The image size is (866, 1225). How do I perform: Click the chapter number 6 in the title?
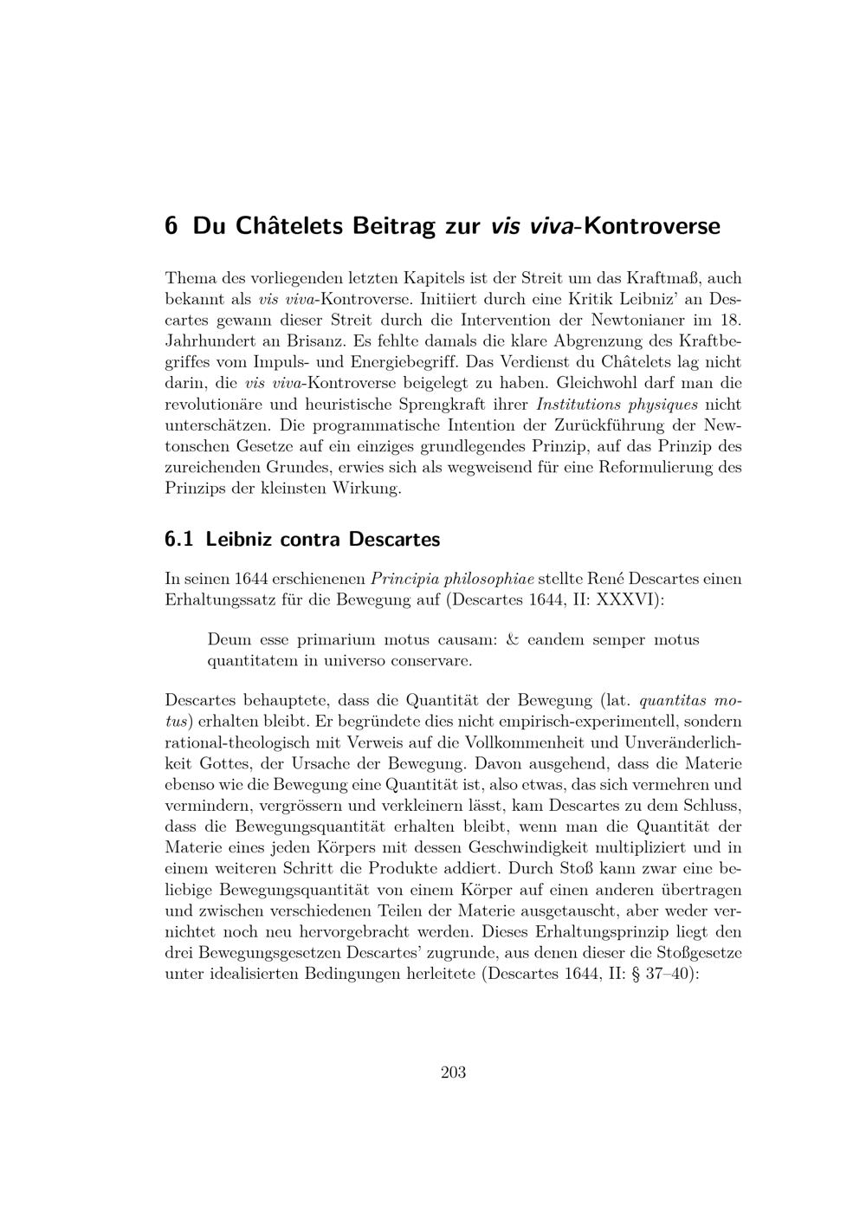click(171, 226)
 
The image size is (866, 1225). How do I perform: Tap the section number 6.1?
click(178, 539)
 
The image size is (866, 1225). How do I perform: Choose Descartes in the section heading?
click(395, 539)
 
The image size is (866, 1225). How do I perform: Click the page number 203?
click(453, 1073)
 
